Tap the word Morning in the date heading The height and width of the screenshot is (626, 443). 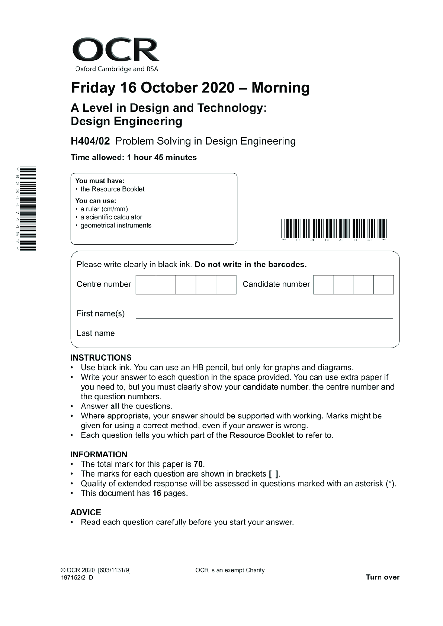pos(280,88)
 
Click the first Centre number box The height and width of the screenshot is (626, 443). pos(146,285)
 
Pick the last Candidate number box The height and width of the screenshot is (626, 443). pos(383,285)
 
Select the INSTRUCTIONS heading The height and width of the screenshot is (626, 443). pos(101,358)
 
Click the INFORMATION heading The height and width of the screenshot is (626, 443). pos(99,454)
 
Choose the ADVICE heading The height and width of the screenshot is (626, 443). pos(86,512)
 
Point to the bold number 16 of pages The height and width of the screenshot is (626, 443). pos(157,493)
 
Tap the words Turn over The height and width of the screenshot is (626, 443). pos(382,577)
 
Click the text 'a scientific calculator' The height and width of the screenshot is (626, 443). pos(111,217)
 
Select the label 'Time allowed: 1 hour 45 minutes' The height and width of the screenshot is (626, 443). pos(134,158)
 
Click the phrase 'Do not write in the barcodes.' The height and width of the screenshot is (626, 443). pos(250,265)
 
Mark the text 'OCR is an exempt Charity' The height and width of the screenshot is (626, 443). pos(230,570)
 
